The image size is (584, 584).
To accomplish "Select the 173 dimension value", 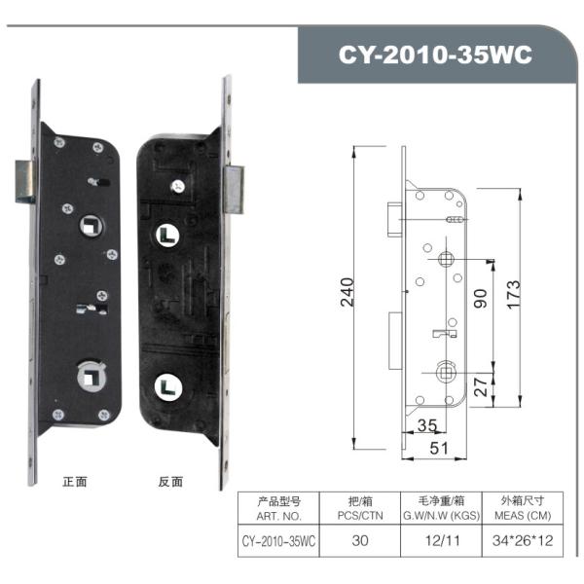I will click(515, 290).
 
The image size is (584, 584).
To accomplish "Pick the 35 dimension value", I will click(426, 424).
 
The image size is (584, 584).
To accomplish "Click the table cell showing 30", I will click(359, 540).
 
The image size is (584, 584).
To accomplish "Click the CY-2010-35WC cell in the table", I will click(279, 540).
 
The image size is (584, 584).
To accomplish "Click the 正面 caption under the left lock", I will click(75, 481).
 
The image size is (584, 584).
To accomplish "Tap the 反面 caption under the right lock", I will click(170, 481).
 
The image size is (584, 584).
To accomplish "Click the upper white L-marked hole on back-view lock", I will click(164, 236).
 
